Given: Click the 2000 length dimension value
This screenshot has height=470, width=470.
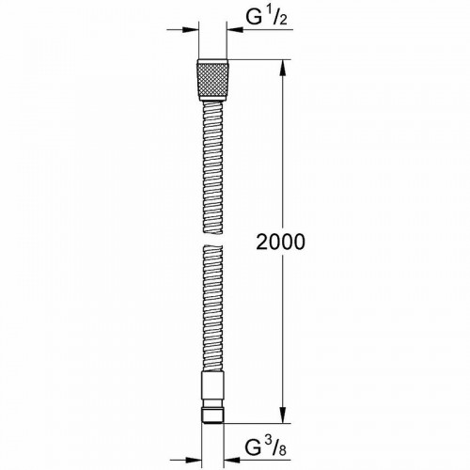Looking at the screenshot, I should coord(280,243).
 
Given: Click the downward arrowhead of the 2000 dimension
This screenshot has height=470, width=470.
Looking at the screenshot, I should coord(281,419).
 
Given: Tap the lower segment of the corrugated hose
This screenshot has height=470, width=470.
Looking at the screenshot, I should coord(212,310).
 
